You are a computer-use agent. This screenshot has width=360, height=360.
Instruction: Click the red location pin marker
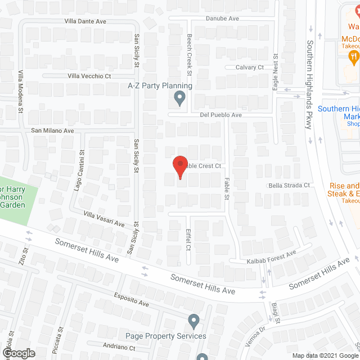click(179, 167)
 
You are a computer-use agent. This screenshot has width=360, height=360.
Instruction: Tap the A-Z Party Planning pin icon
click(179, 100)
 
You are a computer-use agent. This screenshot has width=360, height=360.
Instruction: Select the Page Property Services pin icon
click(194, 321)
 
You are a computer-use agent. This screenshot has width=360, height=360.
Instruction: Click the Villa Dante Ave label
click(85, 21)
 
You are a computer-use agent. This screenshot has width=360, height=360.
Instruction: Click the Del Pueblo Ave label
click(221, 115)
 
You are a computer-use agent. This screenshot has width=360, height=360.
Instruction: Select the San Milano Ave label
click(52, 130)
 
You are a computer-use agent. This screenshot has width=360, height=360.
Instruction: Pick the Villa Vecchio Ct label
click(91, 75)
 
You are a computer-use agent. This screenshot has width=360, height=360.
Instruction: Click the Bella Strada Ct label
click(289, 185)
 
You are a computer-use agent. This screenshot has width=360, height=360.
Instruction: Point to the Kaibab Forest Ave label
click(271, 254)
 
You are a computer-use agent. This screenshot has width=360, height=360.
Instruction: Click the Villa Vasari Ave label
click(104, 219)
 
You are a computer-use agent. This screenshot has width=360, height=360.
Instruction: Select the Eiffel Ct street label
click(189, 239)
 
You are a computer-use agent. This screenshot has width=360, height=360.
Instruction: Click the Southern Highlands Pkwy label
click(309, 85)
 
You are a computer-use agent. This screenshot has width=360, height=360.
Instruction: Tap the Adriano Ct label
click(119, 348)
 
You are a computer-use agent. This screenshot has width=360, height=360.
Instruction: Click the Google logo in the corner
click(18, 353)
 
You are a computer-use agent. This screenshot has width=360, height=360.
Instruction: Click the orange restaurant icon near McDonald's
click(353, 55)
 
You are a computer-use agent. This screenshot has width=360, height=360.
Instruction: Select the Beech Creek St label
click(189, 55)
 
